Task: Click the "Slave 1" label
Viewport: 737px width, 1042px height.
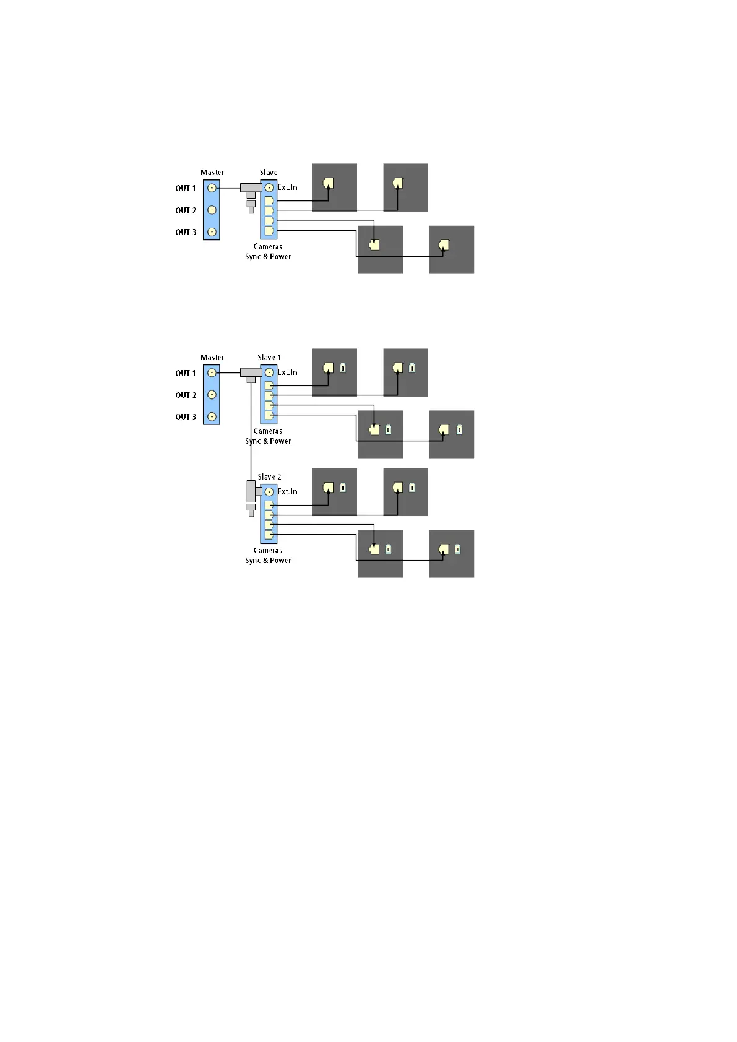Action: [x=269, y=358]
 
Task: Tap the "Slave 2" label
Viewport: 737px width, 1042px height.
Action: [x=269, y=477]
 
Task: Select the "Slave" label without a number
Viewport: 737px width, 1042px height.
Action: [x=269, y=173]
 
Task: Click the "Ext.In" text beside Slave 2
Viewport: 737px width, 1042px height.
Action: [x=287, y=492]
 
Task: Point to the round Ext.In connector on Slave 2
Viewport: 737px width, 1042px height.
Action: [x=269, y=492]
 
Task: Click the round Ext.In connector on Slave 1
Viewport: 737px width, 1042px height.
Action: [x=269, y=372]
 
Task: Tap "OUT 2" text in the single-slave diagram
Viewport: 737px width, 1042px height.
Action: [x=186, y=210]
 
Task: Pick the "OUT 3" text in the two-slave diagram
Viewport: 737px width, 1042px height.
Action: [x=186, y=417]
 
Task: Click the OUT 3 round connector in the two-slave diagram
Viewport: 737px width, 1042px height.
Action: [x=212, y=417]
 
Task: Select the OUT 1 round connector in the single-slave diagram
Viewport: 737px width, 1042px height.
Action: [x=212, y=188]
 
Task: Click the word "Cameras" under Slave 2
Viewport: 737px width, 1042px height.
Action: [x=268, y=551]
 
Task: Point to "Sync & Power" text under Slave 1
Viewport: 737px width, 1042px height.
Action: [x=268, y=441]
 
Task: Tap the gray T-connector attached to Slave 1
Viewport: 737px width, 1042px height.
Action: [x=251, y=373]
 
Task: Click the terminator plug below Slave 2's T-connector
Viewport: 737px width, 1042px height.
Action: [x=251, y=510]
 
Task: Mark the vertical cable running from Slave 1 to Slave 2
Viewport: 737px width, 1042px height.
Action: [x=251, y=433]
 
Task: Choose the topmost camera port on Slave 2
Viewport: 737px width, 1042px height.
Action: [x=269, y=505]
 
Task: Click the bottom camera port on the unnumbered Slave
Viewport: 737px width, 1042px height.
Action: [x=269, y=231]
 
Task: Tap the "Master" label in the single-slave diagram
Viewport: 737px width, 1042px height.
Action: [x=212, y=173]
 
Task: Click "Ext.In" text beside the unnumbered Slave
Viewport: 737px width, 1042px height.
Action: [x=287, y=187]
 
